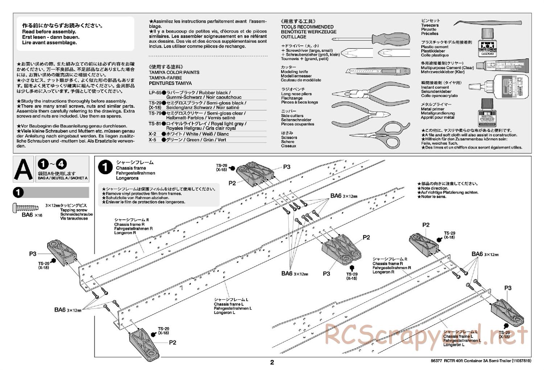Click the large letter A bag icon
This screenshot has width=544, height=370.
point(23,169)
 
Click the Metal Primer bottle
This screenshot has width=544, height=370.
point(488,112)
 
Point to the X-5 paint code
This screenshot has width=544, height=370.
point(152,140)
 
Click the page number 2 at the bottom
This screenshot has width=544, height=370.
point(272,362)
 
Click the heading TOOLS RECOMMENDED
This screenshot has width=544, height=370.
point(307,27)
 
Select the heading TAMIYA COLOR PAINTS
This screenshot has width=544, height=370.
point(174,73)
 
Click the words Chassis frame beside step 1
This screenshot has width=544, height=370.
point(131,168)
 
